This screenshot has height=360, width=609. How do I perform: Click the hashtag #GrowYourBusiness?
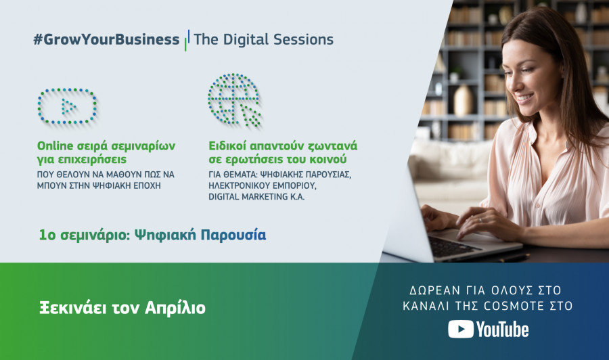point(106,39)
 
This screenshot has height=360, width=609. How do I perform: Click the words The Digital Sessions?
point(263,39)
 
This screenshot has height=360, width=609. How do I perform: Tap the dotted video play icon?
point(67,106)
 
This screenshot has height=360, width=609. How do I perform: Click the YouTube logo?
point(488,330)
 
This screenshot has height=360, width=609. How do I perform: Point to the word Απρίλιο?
point(175,309)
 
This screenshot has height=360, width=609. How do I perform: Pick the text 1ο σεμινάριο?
point(84,235)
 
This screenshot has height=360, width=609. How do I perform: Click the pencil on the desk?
point(514,257)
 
